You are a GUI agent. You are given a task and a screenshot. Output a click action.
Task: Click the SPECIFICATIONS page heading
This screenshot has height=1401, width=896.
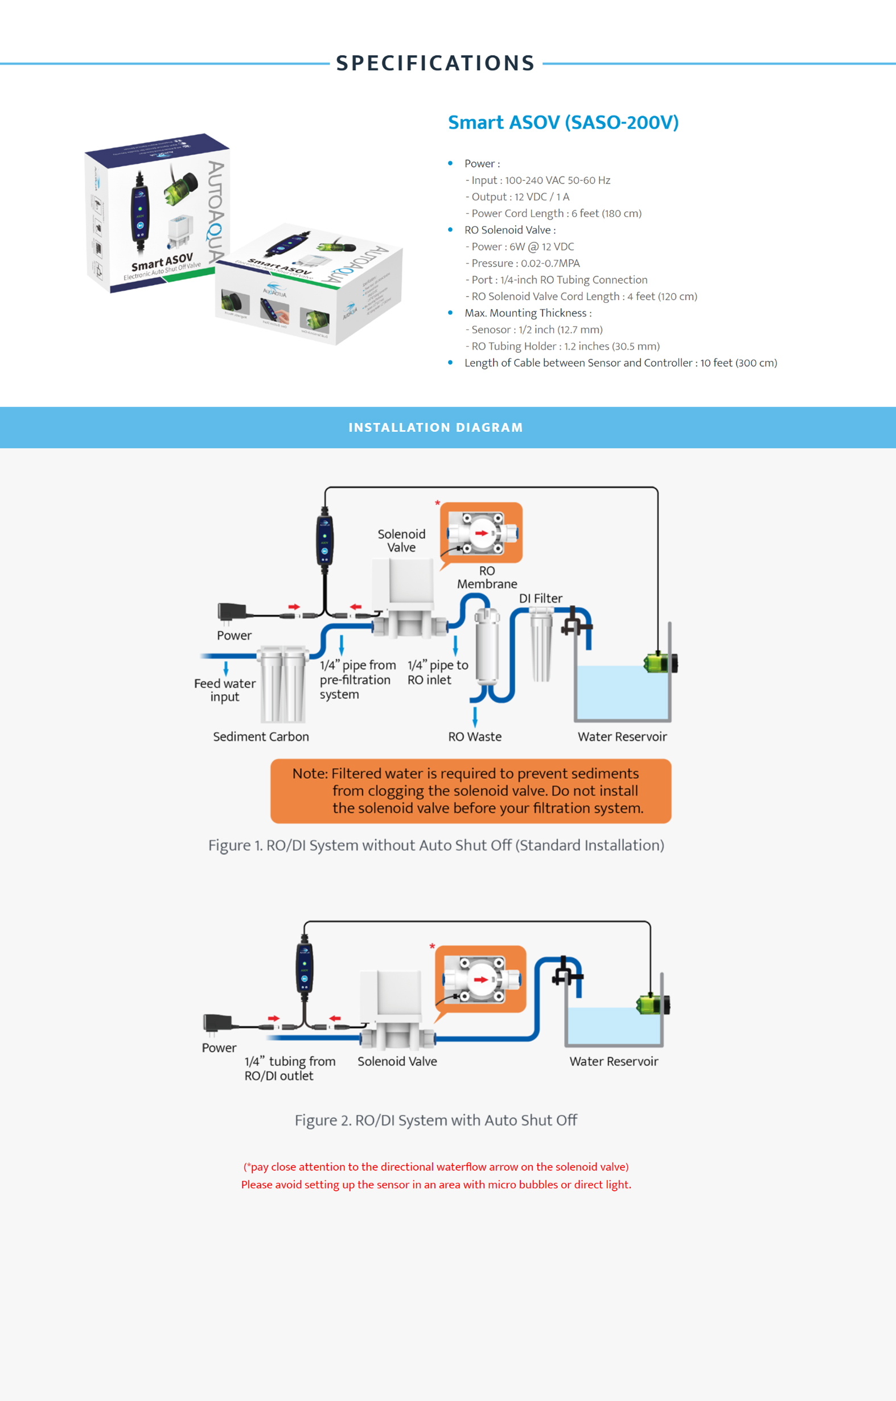click(435, 63)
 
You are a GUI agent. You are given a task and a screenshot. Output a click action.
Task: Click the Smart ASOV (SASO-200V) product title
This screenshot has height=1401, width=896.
click(563, 122)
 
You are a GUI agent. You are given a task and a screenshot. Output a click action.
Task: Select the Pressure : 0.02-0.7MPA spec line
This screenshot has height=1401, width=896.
click(525, 263)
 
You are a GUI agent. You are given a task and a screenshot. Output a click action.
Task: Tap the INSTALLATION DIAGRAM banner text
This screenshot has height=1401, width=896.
click(435, 427)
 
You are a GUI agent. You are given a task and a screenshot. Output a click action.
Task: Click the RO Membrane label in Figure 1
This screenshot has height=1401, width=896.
click(487, 577)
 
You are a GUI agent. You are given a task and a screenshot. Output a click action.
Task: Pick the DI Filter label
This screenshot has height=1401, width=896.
click(540, 598)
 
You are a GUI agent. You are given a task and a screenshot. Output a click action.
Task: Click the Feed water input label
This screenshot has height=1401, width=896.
click(225, 690)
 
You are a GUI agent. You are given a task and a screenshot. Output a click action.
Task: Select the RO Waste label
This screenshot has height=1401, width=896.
click(475, 736)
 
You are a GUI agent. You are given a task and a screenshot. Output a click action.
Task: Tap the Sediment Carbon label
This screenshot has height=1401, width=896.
click(261, 736)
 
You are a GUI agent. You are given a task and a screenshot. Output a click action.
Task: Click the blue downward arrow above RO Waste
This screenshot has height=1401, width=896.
click(475, 716)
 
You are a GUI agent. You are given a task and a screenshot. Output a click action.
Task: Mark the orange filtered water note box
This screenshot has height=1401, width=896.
click(470, 790)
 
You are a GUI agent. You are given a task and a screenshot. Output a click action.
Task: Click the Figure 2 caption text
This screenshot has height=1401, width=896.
click(435, 1120)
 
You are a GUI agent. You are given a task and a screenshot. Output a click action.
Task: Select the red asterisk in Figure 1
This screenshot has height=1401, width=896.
click(437, 503)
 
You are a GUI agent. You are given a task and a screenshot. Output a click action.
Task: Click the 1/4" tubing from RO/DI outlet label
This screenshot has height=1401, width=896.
click(289, 1068)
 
